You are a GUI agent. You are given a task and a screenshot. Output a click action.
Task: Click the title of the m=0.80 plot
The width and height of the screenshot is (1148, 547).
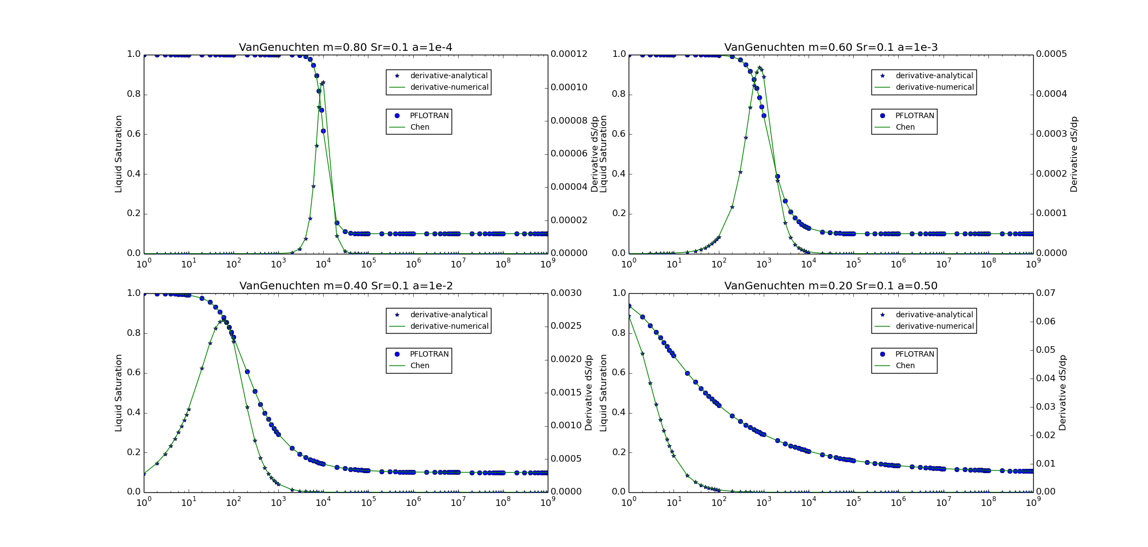pyautogui.click(x=345, y=48)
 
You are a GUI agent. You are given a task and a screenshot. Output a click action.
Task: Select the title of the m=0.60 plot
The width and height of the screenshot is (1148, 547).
pyautogui.click(x=831, y=48)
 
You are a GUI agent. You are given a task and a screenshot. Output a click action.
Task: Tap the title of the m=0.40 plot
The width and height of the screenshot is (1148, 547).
pyautogui.click(x=346, y=286)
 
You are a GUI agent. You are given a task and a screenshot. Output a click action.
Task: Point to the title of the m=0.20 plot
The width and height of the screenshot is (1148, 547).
pyautogui.click(x=831, y=286)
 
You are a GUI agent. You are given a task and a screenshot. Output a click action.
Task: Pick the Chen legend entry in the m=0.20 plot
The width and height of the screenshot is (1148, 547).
pyautogui.click(x=905, y=365)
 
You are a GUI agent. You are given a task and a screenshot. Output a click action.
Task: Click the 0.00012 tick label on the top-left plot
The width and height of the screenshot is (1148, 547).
pyautogui.click(x=569, y=54)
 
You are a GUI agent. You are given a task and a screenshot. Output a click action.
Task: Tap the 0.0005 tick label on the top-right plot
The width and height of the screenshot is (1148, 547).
pyautogui.click(x=1051, y=54)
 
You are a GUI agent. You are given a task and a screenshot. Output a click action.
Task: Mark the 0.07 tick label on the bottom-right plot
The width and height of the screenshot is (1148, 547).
pyautogui.click(x=1046, y=293)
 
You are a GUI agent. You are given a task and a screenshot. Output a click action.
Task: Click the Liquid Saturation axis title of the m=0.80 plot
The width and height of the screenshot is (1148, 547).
pyautogui.click(x=119, y=154)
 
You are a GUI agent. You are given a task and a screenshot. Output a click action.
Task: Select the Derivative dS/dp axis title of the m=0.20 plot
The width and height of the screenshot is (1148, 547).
pyautogui.click(x=1062, y=393)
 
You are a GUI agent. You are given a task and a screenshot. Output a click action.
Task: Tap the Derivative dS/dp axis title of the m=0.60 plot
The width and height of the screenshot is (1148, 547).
pyautogui.click(x=1074, y=154)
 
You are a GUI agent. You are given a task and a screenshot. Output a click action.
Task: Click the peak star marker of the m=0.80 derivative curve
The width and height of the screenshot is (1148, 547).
pyautogui.click(x=323, y=83)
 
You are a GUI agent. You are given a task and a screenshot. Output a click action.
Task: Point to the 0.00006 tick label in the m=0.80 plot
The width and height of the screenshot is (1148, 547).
pyautogui.click(x=569, y=154)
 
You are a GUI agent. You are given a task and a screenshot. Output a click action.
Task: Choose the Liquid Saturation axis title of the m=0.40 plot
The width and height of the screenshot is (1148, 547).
pyautogui.click(x=119, y=393)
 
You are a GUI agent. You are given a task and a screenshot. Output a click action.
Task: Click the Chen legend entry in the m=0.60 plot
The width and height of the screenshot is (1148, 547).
pyautogui.click(x=905, y=127)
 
